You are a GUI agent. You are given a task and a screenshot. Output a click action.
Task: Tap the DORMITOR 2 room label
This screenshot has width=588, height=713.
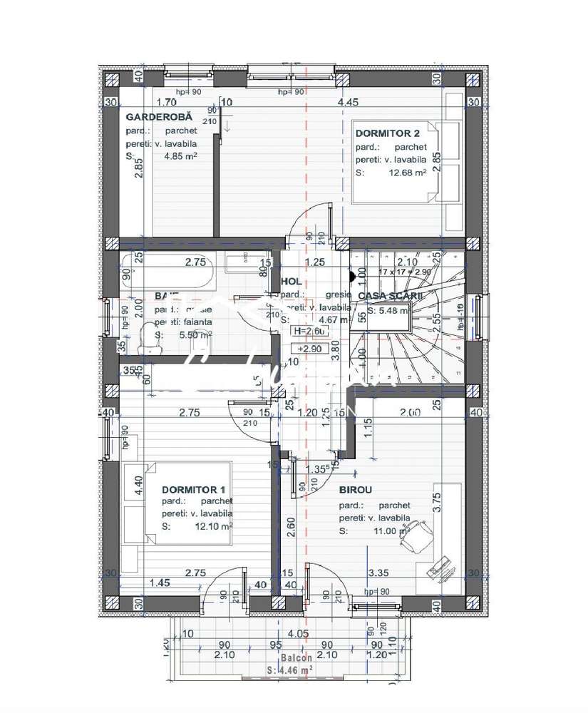pyautogui.click(x=387, y=133)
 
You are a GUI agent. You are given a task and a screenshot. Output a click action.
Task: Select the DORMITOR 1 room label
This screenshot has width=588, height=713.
pyautogui.click(x=193, y=490)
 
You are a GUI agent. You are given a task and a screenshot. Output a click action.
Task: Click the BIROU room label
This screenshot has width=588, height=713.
pyautogui.click(x=356, y=491)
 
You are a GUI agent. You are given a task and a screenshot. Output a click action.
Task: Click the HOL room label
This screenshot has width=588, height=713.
pyautogui.click(x=291, y=282)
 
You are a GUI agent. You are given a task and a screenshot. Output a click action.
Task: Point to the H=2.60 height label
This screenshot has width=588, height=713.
pyautogui.click(x=309, y=332)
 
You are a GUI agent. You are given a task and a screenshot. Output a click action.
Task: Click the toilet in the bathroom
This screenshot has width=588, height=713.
pyautogui.click(x=150, y=337)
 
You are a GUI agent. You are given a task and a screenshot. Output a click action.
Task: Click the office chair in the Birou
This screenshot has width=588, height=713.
pyautogui.click(x=414, y=534)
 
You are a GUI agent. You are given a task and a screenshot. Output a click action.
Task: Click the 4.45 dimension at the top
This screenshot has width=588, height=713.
pyautogui.click(x=348, y=103)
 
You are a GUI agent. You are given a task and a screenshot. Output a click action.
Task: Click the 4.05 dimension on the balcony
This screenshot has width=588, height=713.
pyautogui.click(x=297, y=633)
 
